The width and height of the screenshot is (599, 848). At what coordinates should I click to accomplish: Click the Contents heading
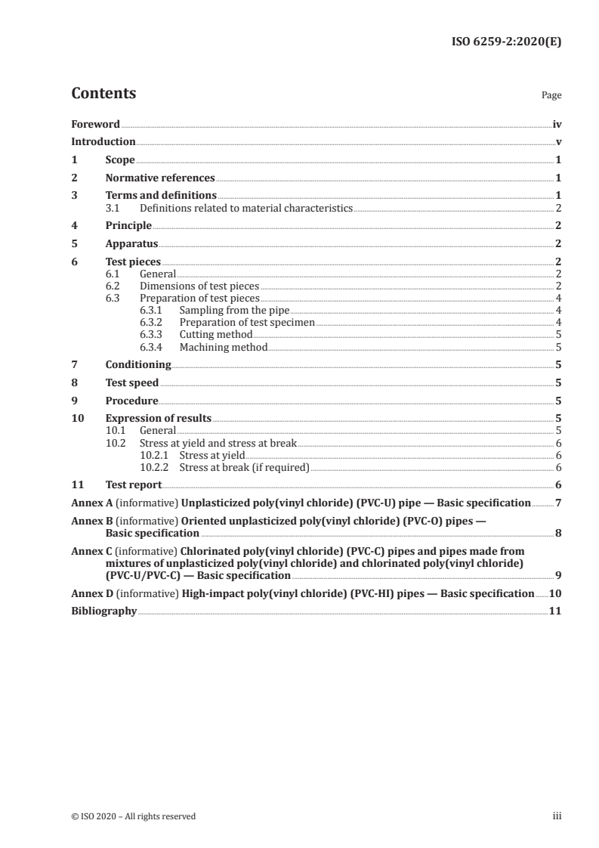coord(103,94)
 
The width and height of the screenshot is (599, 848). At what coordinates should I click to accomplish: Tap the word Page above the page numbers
coord(551,96)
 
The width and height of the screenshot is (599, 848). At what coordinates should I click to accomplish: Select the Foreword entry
coord(95,124)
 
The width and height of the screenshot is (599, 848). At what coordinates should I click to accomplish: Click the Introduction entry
coord(103,142)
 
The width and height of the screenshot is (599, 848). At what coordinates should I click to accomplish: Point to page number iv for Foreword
coord(557,124)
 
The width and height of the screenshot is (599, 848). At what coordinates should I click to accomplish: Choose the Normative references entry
coord(160,178)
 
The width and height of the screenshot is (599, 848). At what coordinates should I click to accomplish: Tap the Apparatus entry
coord(131,244)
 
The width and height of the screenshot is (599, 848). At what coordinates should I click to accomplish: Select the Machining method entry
coord(224,347)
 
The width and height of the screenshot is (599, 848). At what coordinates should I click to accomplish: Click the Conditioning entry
coord(138,364)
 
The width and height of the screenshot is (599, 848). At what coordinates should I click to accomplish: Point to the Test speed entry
coord(132,382)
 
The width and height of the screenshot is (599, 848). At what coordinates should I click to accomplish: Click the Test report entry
coord(134,485)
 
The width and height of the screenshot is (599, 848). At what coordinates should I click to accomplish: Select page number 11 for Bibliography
coord(555,611)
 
